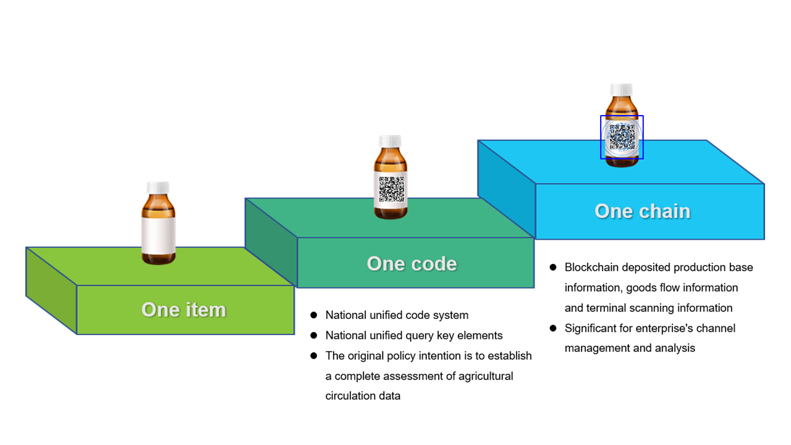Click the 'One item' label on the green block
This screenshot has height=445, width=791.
(x=184, y=310)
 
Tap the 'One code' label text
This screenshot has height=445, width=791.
(x=412, y=263)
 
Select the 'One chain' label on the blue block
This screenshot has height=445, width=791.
(x=642, y=211)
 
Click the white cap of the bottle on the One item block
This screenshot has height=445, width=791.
(x=158, y=187)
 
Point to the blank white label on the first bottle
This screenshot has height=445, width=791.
(x=158, y=235)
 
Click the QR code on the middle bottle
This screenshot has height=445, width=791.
(x=392, y=189)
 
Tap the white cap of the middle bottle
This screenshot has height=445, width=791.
(x=390, y=141)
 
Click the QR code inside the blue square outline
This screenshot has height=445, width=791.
(x=622, y=137)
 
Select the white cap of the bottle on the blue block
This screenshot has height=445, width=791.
(x=622, y=90)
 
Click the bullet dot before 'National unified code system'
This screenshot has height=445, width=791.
(x=313, y=315)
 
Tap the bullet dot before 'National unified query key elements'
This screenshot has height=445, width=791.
(x=313, y=335)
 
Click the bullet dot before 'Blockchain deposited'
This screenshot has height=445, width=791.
(x=553, y=268)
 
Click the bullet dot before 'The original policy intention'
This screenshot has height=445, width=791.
(x=313, y=355)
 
